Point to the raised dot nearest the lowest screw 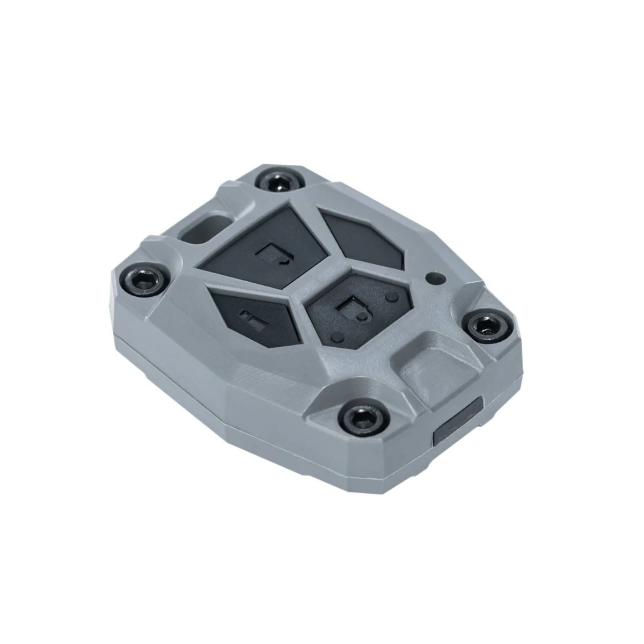336,336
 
